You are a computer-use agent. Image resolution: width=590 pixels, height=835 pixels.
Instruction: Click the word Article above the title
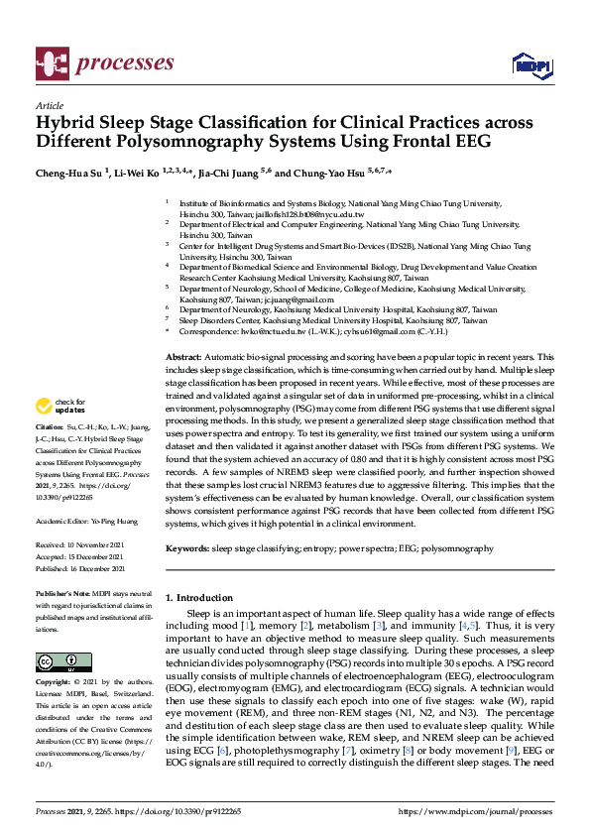pyautogui.click(x=49, y=105)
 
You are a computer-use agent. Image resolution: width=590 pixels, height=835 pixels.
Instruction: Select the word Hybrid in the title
pyautogui.click(x=67, y=124)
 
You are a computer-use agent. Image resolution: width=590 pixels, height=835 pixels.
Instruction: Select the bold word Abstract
pyautogui.click(x=183, y=356)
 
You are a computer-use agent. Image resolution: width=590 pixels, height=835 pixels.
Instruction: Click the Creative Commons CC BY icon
pyautogui.click(x=56, y=661)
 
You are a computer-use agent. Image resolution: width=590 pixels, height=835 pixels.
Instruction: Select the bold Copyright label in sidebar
pyautogui.click(x=55, y=683)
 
